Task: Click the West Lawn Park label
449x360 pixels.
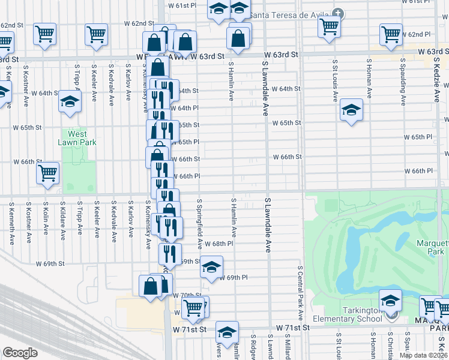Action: (77, 138)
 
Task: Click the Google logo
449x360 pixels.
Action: (20, 353)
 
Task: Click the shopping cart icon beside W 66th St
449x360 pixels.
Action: (47, 173)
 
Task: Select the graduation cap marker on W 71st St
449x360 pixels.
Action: (227, 332)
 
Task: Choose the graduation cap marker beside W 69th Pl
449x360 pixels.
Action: (211, 267)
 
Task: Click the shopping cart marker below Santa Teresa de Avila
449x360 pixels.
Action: (329, 26)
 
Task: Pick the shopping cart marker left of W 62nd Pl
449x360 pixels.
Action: (391, 34)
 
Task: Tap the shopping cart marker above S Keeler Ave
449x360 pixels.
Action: (96, 34)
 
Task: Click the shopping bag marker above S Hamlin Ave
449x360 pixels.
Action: (238, 38)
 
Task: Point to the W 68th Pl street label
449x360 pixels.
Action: (218, 244)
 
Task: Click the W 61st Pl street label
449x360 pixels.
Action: (186, 5)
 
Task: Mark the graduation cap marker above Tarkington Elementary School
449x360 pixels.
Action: (390, 299)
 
